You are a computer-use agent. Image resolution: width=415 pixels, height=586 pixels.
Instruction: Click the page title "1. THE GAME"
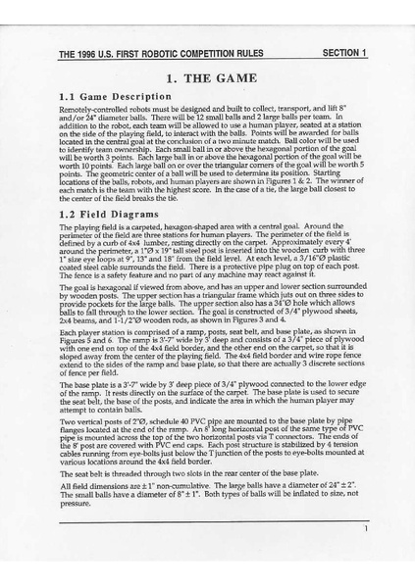(208, 77)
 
